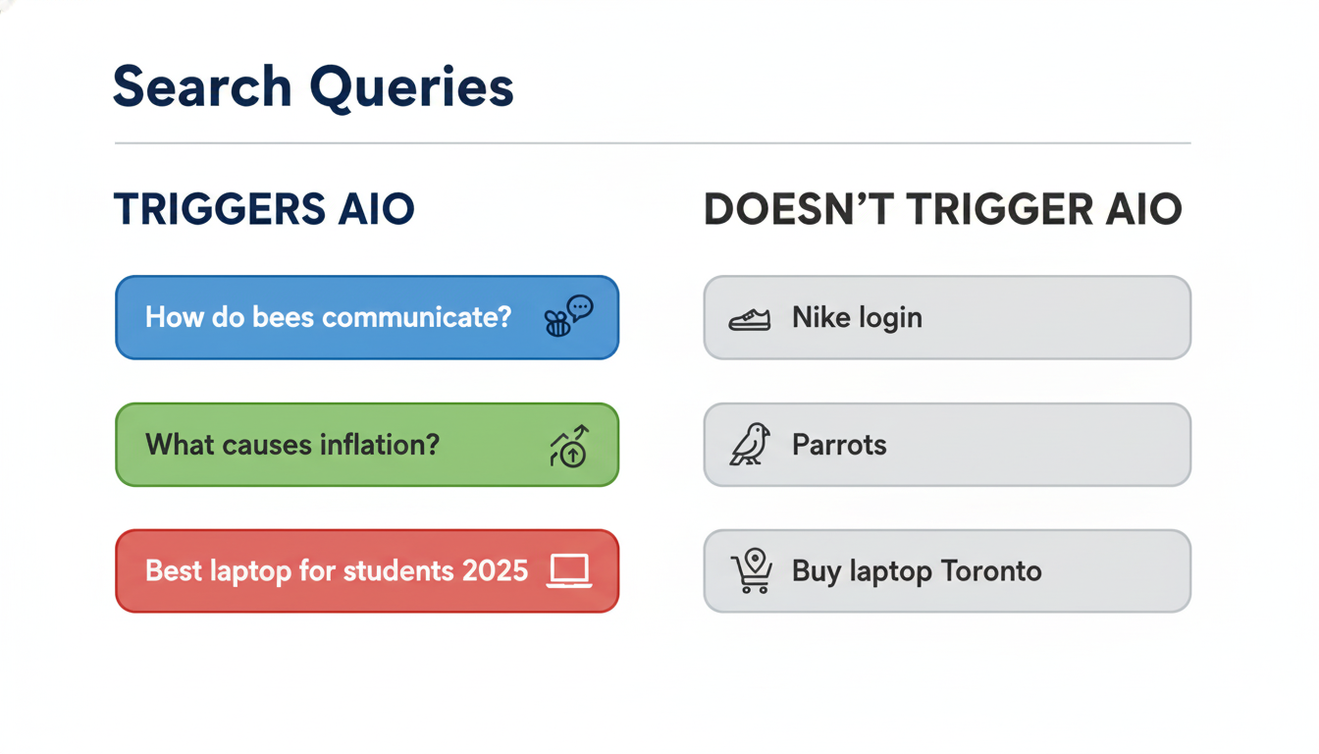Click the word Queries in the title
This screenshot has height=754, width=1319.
412,88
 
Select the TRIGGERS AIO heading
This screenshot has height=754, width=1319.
264,209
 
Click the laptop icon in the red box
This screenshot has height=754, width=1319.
569,570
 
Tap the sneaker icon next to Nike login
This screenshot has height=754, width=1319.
749,319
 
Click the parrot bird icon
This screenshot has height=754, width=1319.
749,445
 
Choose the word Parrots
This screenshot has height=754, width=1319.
839,445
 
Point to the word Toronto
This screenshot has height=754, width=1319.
990,570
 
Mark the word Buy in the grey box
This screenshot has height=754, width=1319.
816,571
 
